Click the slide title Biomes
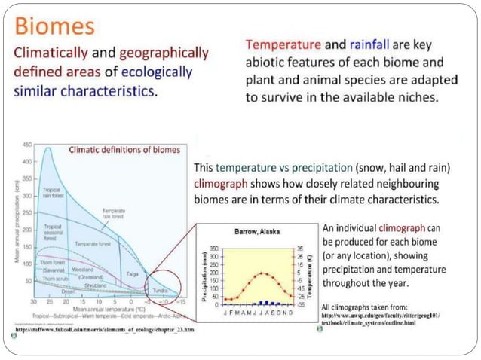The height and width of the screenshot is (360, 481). coord(54,26)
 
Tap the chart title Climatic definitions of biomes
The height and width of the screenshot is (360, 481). coord(124,149)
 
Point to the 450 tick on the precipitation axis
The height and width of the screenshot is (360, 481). coord(26,143)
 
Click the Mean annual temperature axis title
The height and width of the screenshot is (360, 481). coord(103,310)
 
